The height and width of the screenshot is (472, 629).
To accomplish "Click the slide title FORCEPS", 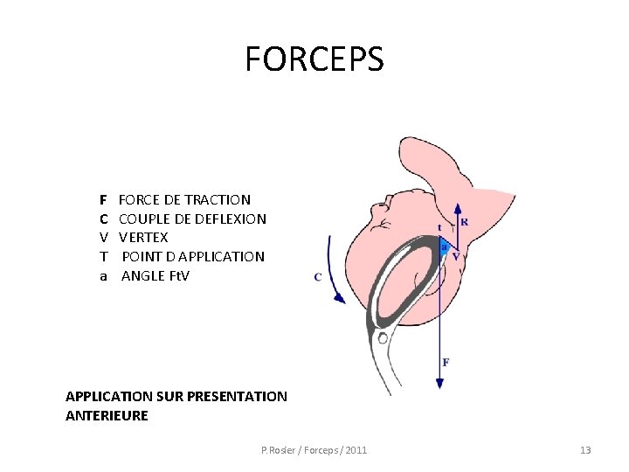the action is (x=314, y=59).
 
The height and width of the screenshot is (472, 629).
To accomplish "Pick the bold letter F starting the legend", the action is (x=103, y=199).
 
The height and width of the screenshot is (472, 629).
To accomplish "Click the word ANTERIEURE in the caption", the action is (x=107, y=416).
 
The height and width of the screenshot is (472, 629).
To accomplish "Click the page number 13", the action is (x=585, y=450).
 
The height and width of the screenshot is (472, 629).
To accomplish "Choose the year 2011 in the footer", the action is (x=356, y=450).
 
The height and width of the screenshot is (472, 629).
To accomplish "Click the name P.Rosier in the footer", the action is (x=279, y=450).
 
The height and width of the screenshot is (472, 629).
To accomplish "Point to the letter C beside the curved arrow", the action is (x=318, y=277).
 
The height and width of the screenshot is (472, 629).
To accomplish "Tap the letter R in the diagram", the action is (x=464, y=222).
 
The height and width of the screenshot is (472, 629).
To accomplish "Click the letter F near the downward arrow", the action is (x=446, y=362).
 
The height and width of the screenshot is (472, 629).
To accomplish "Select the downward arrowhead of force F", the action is (x=439, y=383).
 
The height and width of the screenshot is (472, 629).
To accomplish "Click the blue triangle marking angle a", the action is (x=445, y=247).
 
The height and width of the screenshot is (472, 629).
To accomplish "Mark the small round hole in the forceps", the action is (x=382, y=337).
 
